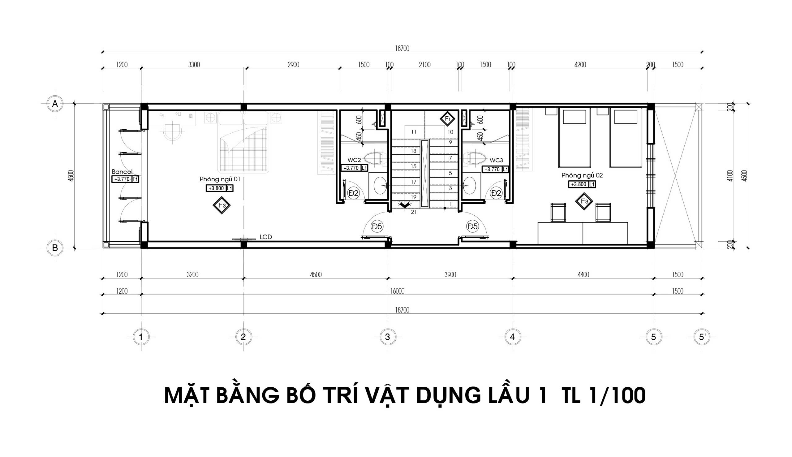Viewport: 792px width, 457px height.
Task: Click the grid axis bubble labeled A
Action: tap(55, 104)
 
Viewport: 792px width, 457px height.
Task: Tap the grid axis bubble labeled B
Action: tap(55, 248)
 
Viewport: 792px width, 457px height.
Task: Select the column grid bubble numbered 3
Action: tap(388, 337)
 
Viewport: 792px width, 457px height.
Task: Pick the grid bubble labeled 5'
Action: tap(702, 337)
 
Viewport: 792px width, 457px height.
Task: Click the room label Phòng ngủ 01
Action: tap(220, 179)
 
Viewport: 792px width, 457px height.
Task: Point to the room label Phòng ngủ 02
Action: tap(582, 175)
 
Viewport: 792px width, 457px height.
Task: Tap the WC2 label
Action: tap(354, 160)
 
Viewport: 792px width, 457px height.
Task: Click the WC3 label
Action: tap(497, 160)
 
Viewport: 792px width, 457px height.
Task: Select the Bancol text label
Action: tap(122, 172)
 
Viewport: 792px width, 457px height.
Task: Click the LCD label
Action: tap(266, 237)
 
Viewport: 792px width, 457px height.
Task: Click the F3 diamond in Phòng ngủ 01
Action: tap(222, 205)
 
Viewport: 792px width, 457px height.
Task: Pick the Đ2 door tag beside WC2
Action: tap(353, 193)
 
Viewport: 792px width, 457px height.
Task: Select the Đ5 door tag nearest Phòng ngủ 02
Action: tap(472, 226)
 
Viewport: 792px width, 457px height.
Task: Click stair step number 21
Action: tap(414, 212)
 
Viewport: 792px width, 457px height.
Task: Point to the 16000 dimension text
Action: tap(397, 291)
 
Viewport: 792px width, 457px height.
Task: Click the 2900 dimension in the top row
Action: tap(293, 65)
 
